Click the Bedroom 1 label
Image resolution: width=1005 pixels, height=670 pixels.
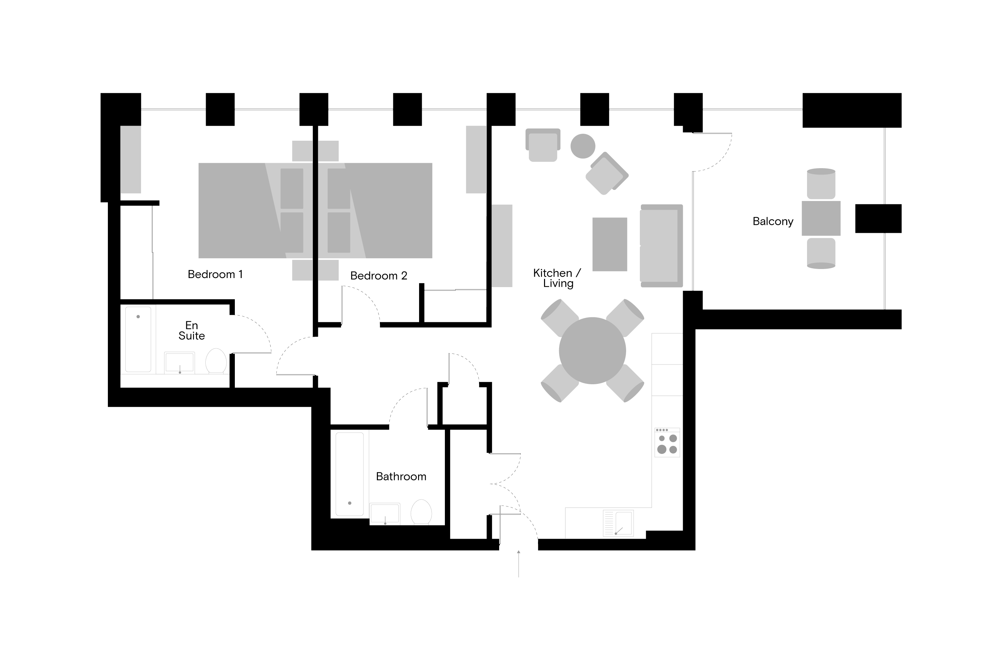click(215, 274)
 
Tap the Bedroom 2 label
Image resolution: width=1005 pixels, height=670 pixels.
click(379, 276)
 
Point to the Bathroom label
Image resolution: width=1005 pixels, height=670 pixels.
click(401, 476)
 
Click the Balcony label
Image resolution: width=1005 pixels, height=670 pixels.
click(773, 221)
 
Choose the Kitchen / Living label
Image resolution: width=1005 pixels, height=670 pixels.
click(557, 278)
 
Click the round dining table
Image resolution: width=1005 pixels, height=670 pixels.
click(592, 351)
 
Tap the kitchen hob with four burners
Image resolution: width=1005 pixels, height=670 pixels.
click(667, 442)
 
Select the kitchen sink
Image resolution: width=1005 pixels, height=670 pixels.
click(618, 523)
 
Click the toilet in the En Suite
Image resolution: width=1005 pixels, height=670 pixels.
click(216, 361)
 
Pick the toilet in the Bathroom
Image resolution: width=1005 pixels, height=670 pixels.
click(421, 512)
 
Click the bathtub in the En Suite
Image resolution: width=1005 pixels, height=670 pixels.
click(138, 339)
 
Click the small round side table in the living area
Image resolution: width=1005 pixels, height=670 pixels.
click(583, 146)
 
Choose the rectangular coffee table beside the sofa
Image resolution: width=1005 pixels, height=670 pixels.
click(610, 245)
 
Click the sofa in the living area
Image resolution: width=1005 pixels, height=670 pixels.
click(661, 246)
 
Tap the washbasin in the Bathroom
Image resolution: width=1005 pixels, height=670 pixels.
click(385, 514)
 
